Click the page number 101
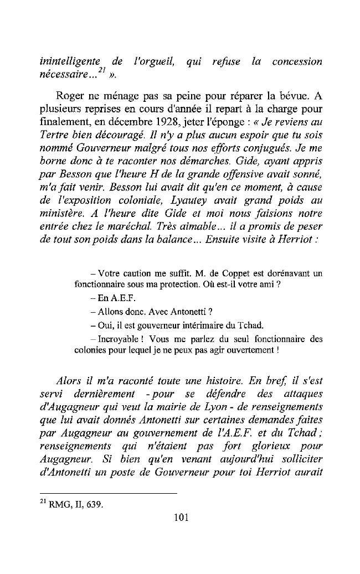(181, 518)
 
